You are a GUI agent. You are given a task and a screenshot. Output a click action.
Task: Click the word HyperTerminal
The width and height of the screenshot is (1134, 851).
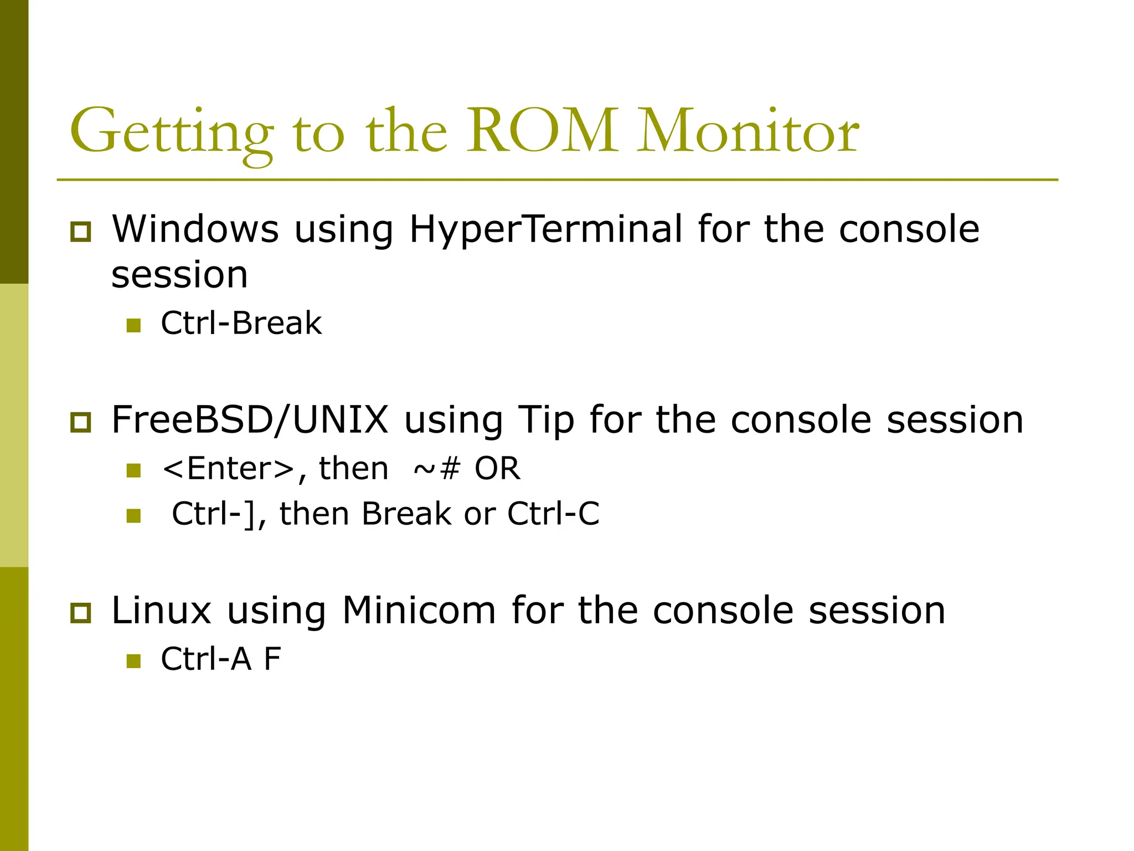tap(545, 229)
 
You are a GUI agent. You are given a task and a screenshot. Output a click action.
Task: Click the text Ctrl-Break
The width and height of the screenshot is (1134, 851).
tap(241, 323)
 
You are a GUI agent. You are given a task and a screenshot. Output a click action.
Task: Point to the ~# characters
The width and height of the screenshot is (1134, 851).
tap(437, 469)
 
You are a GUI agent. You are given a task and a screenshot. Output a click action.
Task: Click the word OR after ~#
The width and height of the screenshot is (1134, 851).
tap(497, 469)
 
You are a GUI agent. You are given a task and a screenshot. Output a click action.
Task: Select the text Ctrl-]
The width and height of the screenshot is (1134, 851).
tap(213, 514)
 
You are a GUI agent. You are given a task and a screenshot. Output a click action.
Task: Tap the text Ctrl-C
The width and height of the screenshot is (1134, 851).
tap(553, 514)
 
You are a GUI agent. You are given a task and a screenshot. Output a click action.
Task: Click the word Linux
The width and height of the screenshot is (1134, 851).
tap(162, 610)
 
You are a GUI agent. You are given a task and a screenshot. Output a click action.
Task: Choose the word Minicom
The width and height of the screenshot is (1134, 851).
tap(419, 610)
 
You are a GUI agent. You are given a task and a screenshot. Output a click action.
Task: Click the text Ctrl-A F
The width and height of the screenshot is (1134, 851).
tap(221, 659)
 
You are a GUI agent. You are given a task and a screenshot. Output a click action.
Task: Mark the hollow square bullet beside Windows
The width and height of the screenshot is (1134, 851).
tap(81, 232)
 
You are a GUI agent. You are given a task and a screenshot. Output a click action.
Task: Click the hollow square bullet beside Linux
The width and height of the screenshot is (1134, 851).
tap(81, 613)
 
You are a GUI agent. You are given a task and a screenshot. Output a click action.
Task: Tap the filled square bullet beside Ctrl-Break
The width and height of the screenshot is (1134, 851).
tap(133, 325)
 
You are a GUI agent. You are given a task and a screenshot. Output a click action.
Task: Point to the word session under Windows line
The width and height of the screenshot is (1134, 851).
tap(179, 275)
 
